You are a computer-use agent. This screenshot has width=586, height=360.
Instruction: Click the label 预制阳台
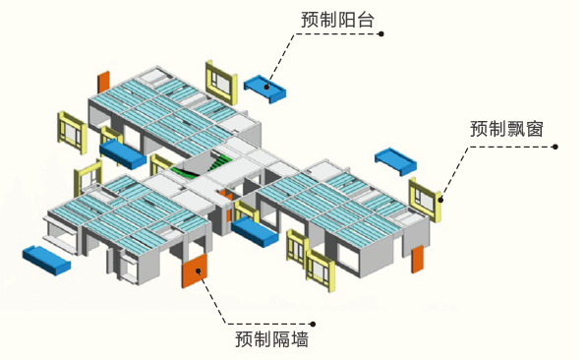click(337, 20)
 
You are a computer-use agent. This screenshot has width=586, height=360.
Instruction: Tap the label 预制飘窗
click(506, 129)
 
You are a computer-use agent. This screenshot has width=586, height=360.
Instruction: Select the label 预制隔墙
click(271, 339)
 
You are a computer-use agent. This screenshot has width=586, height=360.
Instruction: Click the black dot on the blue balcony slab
click(266, 88)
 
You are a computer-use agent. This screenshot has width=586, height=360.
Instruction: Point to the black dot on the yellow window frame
click(440, 200)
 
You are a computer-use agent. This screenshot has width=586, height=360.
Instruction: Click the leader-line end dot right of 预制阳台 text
click(381, 34)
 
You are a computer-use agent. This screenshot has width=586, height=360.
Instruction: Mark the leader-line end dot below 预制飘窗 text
click(556, 147)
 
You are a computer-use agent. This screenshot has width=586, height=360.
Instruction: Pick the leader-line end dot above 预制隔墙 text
click(314, 325)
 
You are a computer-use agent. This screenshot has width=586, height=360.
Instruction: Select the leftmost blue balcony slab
click(46, 261)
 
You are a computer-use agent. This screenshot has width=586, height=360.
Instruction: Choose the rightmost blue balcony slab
click(396, 161)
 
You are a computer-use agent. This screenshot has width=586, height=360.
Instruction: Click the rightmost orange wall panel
click(418, 260)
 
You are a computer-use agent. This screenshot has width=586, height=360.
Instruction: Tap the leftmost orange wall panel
click(103, 83)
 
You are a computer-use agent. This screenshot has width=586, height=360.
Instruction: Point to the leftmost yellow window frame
click(72, 133)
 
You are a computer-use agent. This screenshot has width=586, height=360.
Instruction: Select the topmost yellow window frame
click(221, 83)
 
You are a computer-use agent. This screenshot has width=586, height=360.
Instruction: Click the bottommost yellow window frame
click(321, 270)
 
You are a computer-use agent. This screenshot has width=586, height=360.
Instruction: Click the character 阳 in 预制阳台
click(346, 20)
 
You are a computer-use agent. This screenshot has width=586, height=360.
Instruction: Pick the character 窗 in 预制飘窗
click(534, 129)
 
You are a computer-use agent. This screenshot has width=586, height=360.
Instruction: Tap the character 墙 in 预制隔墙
click(300, 339)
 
